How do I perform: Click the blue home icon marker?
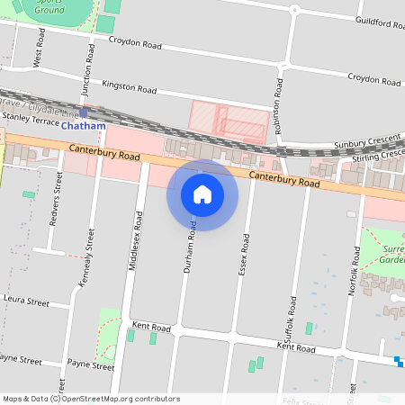tap(202, 194)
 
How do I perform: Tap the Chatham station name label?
tap(83, 126)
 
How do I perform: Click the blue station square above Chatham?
tap(84, 112)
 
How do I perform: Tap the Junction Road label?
tap(89, 66)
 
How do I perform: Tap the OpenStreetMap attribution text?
tap(91, 399)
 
